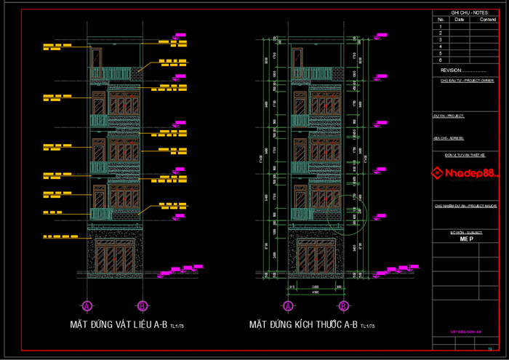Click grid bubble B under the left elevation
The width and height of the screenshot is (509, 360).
[x=143, y=305]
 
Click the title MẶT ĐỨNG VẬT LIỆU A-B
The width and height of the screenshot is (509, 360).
[x=119, y=324]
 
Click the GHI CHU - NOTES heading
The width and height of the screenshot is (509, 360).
[x=469, y=13]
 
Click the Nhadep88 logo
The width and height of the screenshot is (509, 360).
[x=465, y=173]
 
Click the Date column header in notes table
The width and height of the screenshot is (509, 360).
[x=460, y=20]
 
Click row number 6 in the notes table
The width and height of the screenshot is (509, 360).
[x=441, y=60]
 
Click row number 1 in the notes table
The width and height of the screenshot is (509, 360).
[x=441, y=26]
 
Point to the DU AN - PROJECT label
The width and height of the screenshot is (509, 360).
[x=449, y=116]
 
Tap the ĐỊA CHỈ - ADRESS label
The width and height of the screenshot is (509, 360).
[x=449, y=137]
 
